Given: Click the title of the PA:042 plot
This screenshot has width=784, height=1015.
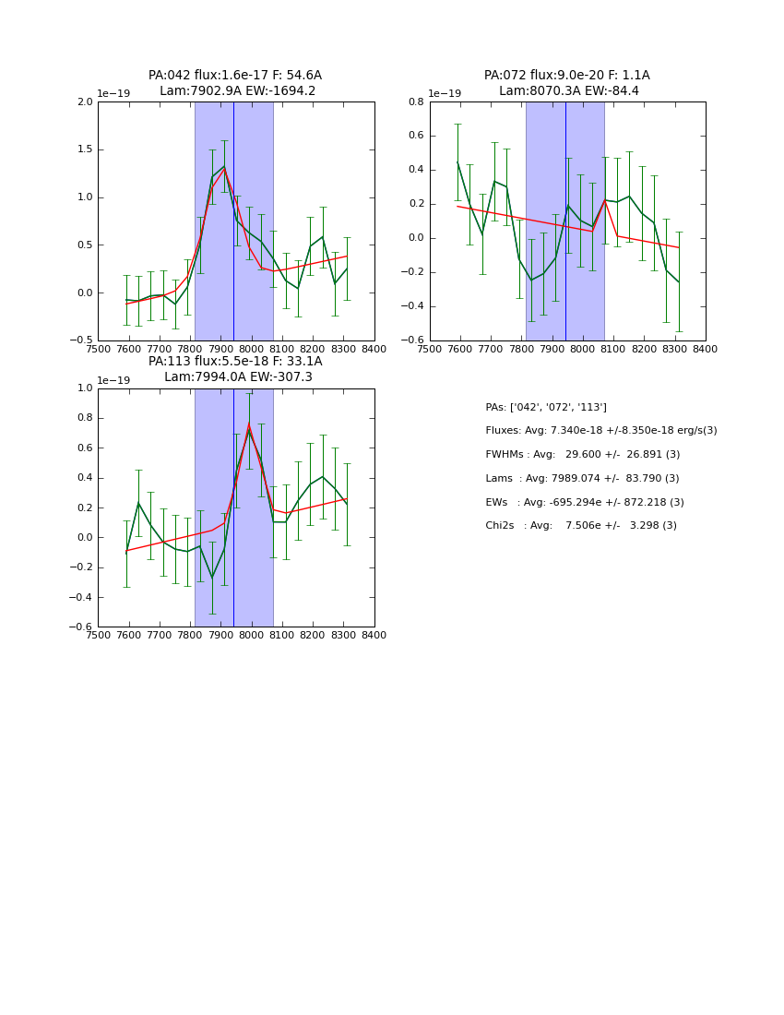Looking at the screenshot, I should click(x=235, y=83).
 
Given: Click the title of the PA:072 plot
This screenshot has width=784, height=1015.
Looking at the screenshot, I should click(x=567, y=83).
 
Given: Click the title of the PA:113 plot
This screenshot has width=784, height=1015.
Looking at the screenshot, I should click(x=235, y=369).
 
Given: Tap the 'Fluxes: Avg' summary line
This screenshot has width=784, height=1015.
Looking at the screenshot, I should click(x=600, y=431).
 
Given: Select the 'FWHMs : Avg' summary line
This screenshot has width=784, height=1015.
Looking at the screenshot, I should click(x=582, y=454).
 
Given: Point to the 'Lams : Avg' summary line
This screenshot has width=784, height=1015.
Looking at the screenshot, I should click(x=582, y=478).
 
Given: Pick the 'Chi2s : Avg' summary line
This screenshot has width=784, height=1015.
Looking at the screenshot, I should click(x=581, y=525).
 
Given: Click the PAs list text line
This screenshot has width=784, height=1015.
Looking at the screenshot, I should click(x=546, y=407).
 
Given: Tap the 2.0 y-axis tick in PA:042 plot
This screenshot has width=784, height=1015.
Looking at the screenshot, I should click(x=85, y=102).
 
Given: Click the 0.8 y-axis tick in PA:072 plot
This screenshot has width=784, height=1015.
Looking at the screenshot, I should click(x=417, y=102).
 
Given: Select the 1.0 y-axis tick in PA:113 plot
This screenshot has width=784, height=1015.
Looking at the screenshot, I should click(x=85, y=388).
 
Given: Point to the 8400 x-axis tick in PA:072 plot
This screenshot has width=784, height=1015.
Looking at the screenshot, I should click(x=706, y=349).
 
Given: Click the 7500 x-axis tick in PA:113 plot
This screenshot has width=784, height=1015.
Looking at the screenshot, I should click(x=98, y=635).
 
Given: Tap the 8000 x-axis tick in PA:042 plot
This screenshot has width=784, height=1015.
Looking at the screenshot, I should click(x=252, y=349).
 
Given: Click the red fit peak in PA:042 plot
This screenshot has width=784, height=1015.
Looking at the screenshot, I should click(x=223, y=169).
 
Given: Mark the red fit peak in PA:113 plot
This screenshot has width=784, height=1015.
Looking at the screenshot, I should click(x=248, y=424).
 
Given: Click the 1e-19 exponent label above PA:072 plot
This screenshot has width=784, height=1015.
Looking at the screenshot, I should click(x=445, y=93).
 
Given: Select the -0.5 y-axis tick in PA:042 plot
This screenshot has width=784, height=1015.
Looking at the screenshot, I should click(x=83, y=340).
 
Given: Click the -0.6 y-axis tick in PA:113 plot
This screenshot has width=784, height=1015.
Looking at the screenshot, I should click(x=83, y=627).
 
